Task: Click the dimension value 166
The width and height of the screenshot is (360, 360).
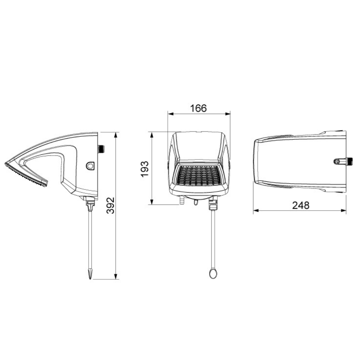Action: [198, 108]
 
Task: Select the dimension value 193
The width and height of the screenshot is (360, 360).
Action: [145, 169]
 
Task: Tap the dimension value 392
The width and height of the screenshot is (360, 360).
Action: [111, 205]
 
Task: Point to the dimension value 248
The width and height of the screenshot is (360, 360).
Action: [301, 205]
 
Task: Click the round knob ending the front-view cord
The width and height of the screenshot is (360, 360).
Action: [213, 273]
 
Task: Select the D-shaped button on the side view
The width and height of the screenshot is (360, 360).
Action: [90, 166]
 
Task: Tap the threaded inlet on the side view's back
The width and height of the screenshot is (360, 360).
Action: [101, 149]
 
